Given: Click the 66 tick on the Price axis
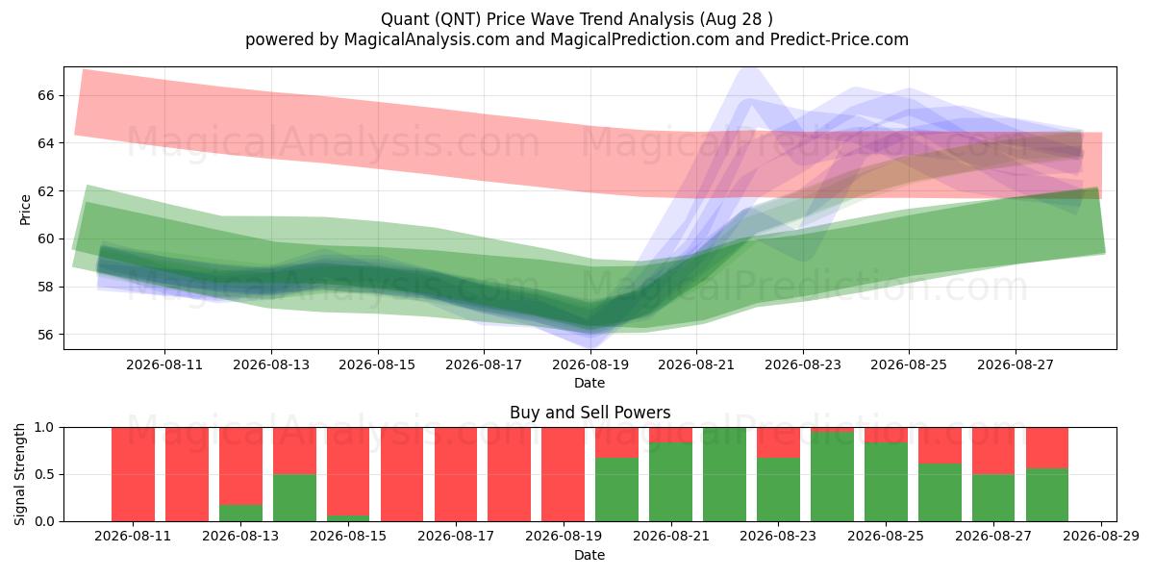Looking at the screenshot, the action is point(45,95).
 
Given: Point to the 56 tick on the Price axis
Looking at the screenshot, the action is point(45,335).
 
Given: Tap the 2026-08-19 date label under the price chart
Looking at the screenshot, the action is point(590,364).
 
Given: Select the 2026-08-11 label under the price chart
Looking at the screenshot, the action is point(164,364).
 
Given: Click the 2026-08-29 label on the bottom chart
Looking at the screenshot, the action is point(1101,537).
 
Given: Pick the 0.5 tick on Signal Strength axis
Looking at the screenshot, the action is point(44,474).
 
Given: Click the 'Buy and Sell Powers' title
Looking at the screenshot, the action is point(590,413).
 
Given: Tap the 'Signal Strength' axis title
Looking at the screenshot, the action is point(19,474).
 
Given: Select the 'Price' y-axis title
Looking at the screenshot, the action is point(25,211).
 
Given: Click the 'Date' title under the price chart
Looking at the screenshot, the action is point(590,383).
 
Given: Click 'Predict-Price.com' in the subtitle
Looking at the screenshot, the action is point(840,39).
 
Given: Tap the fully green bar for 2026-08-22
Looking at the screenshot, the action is point(724,474).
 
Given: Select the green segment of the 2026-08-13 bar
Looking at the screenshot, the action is point(240,514).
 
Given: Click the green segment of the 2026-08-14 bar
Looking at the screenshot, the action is point(294,498).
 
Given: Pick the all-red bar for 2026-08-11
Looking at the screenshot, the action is point(133,474).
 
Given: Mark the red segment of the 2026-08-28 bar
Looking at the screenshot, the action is point(1047,448).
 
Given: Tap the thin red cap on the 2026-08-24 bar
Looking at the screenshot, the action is point(832,430).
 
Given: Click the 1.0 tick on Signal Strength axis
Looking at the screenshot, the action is point(44,428).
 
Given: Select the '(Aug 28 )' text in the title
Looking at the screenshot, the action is point(736,19).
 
